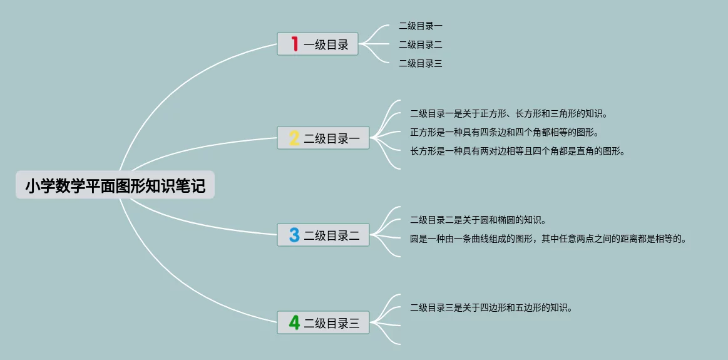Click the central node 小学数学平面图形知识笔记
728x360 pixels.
pos(115,185)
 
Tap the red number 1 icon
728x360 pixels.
pos(294,44)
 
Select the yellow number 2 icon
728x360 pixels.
pos(294,138)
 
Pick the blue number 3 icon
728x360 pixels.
pos(294,235)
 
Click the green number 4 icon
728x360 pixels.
pos(294,323)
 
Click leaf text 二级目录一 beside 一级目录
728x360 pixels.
pos(421,26)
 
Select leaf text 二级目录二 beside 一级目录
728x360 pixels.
pos(421,44)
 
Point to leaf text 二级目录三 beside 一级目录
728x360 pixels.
pos(421,63)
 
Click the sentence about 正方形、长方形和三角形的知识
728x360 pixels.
pos(509,113)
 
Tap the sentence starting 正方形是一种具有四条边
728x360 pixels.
pos(505,132)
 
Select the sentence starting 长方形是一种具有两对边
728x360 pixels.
pos(518,151)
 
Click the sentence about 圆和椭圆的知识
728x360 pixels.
pos(478,220)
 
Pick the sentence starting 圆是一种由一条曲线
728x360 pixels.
pos(548,239)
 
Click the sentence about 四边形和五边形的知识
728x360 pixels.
pos(491,307)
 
